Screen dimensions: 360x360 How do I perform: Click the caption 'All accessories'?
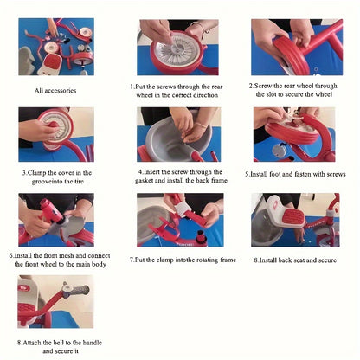click(x=55, y=90)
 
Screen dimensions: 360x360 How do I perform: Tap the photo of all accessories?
click(x=56, y=47)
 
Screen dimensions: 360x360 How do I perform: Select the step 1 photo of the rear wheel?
click(x=177, y=48)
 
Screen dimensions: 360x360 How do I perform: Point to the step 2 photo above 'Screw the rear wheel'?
click(x=297, y=48)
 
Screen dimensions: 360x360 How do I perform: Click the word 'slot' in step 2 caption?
click(x=271, y=94)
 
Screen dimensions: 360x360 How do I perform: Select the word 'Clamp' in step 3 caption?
click(x=36, y=173)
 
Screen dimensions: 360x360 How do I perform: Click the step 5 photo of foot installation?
click(x=294, y=134)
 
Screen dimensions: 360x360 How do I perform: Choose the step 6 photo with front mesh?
click(x=56, y=220)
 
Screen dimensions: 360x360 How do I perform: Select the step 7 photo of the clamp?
click(x=180, y=220)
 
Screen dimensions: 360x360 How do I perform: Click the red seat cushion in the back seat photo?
click(x=293, y=218)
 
